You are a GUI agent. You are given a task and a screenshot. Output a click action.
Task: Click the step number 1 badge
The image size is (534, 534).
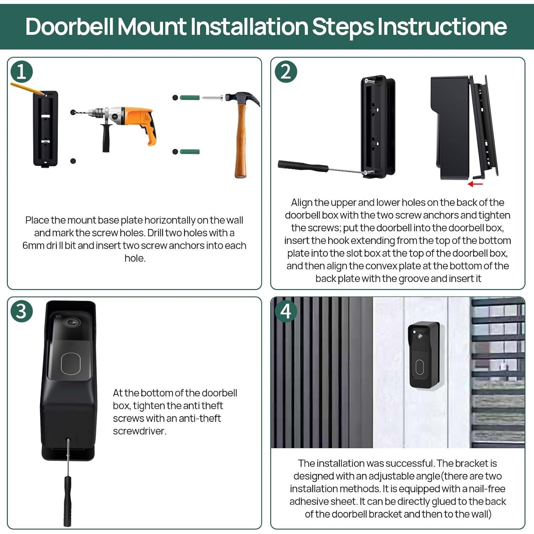pyautogui.click(x=22, y=72)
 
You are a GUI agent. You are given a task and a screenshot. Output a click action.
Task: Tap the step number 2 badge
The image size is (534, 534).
pyautogui.click(x=286, y=72)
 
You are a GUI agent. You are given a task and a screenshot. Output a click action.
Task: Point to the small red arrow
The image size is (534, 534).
pyautogui.click(x=475, y=184)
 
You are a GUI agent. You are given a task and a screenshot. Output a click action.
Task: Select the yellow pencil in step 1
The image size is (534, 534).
pyautogui.click(x=28, y=89)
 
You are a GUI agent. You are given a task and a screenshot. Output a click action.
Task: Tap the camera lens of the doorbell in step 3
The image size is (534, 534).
pyautogui.click(x=72, y=323)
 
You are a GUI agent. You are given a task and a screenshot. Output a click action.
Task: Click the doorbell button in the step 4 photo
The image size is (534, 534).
pyautogui.click(x=420, y=367)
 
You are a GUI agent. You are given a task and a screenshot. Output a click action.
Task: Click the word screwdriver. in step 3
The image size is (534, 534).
pyautogui.click(x=140, y=431)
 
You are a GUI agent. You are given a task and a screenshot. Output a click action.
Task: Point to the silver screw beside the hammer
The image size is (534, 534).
pyautogui.click(x=213, y=98)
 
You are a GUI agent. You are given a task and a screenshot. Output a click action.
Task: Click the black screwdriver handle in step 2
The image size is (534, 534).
pyautogui.click(x=303, y=166)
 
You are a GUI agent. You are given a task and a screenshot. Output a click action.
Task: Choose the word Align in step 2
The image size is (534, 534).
pyautogui.click(x=302, y=203)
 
